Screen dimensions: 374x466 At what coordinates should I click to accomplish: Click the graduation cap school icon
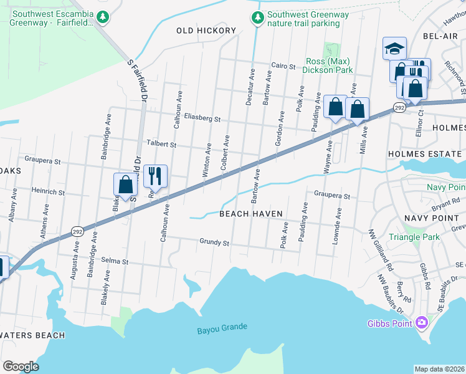coord(394,48)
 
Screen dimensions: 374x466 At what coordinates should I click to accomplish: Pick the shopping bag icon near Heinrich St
coord(125,185)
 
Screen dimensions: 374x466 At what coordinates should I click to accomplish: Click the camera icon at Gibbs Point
coord(422,322)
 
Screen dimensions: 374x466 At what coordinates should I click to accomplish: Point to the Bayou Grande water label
coord(222,327)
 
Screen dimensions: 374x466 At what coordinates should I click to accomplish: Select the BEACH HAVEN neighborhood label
coord(251,214)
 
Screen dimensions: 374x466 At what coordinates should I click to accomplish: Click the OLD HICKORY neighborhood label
coord(206,31)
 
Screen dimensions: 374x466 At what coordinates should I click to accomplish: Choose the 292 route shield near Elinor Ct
coord(399,108)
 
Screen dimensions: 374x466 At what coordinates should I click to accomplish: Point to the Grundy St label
coord(215,242)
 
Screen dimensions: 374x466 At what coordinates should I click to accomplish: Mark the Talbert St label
coord(161,144)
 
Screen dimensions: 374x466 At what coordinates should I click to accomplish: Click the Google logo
coord(21,367)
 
